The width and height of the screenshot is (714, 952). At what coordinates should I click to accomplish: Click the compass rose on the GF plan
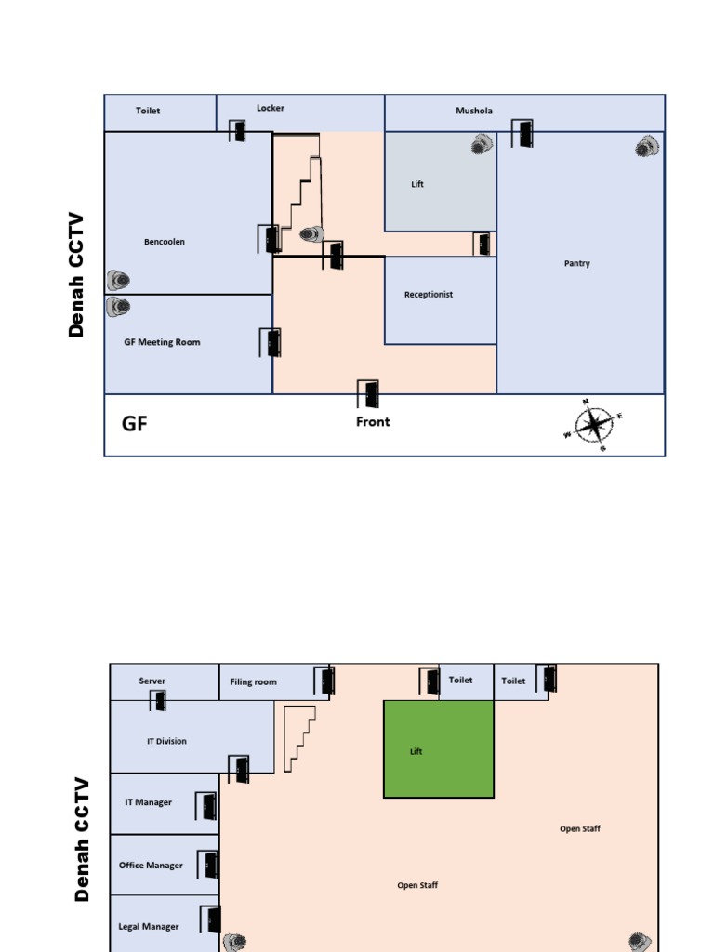click(x=592, y=426)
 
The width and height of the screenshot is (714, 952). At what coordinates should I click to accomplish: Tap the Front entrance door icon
click(x=369, y=394)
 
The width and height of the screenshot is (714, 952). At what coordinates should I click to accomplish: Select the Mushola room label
click(x=474, y=111)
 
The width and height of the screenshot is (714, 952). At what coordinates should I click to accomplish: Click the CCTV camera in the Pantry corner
click(x=647, y=146)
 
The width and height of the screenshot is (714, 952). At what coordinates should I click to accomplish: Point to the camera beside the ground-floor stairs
click(x=312, y=234)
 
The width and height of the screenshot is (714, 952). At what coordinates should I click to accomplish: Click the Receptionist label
click(x=429, y=295)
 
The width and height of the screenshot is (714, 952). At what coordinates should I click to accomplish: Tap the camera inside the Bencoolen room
click(x=117, y=280)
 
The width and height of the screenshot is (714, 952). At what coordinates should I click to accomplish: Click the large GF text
click(x=135, y=425)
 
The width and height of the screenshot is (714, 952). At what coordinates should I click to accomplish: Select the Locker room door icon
click(x=238, y=131)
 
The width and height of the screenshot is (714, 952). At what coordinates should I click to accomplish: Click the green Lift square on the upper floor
click(x=438, y=749)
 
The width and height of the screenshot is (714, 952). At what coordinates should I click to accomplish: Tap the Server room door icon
click(x=159, y=700)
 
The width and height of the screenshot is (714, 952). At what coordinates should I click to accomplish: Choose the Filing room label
click(x=253, y=682)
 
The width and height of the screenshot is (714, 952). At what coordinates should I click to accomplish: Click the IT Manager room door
click(x=207, y=806)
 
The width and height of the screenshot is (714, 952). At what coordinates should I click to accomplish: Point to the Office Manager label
click(x=151, y=866)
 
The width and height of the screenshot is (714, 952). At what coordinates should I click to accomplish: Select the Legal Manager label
click(x=149, y=927)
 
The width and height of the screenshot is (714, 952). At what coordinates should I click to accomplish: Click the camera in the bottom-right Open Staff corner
click(x=639, y=941)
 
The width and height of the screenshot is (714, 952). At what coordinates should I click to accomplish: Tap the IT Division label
click(x=166, y=742)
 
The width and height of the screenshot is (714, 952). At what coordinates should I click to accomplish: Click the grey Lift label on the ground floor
click(x=417, y=184)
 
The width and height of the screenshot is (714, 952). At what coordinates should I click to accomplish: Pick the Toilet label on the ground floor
click(x=148, y=111)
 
